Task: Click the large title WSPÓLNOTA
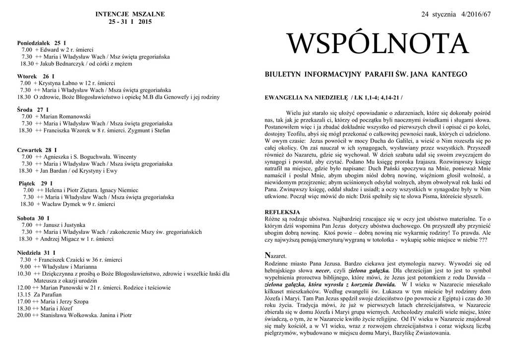click(378, 45)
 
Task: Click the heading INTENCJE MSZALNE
click(130, 14)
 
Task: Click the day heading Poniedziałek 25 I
click(42, 43)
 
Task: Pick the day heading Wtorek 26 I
click(36, 76)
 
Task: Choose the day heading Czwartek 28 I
click(37, 149)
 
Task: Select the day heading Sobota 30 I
click(33, 218)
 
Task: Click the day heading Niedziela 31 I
click(36, 252)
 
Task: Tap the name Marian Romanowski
click(64, 116)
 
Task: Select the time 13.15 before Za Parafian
click(24, 294)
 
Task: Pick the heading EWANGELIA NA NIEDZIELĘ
click(308, 97)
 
